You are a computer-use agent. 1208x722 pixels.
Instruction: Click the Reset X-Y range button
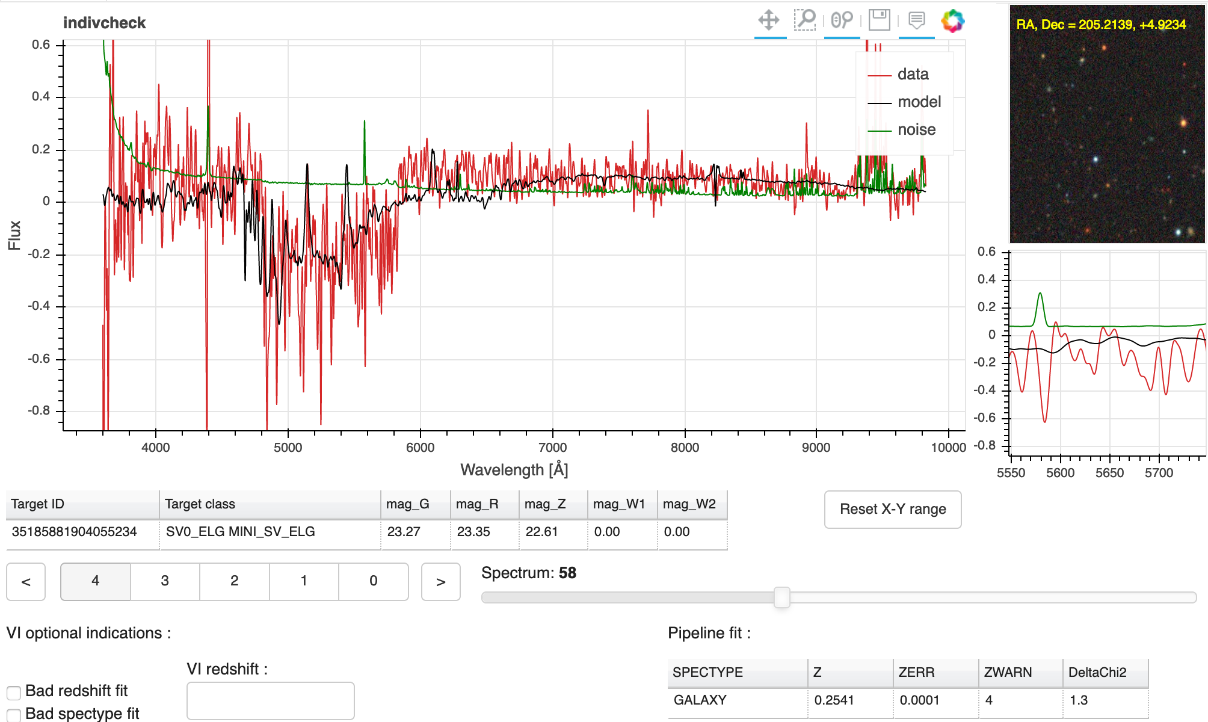(892, 510)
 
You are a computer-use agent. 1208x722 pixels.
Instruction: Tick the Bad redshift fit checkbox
(14, 693)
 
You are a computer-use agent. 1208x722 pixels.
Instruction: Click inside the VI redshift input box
(270, 700)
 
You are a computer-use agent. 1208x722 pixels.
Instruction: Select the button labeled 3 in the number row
(165, 581)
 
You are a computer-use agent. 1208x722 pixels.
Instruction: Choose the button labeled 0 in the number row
(373, 581)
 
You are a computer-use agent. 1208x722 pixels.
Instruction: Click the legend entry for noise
(916, 130)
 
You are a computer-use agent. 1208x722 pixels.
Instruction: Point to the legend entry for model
(919, 102)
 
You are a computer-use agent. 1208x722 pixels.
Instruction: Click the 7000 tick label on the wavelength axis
(552, 448)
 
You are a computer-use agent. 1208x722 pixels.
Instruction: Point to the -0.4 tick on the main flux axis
(40, 306)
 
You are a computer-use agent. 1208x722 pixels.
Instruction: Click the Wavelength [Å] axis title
(514, 470)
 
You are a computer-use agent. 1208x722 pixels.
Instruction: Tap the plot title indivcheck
(104, 23)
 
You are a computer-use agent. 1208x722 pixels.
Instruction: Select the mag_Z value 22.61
(541, 532)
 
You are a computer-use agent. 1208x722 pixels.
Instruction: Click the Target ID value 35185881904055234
(75, 532)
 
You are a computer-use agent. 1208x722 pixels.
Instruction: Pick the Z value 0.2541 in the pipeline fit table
(834, 700)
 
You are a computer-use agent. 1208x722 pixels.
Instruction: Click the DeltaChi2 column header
(1097, 673)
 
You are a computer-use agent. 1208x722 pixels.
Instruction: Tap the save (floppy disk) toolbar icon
(879, 20)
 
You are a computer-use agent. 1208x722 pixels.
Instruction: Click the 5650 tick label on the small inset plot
(1109, 473)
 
